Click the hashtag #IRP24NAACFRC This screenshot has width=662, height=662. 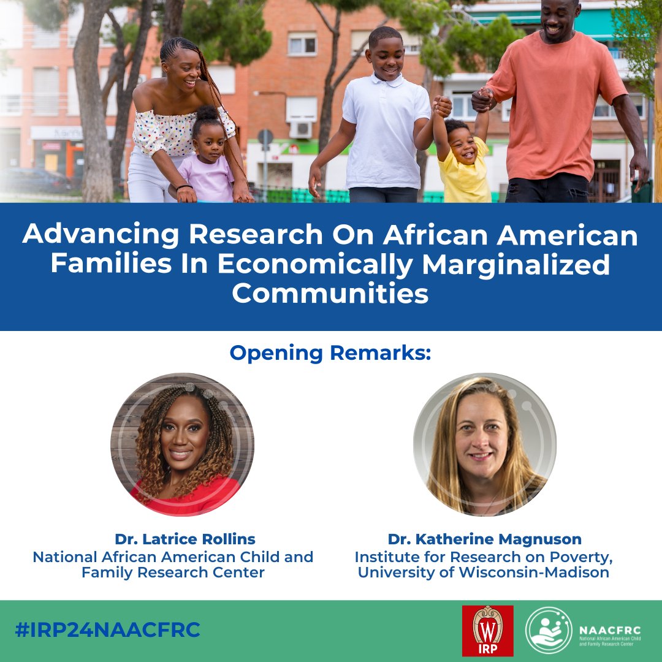108,630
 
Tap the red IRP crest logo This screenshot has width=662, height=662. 487,631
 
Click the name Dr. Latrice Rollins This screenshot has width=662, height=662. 185,539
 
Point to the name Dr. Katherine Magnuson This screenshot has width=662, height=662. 484,539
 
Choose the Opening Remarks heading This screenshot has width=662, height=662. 331,353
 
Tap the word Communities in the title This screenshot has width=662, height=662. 330,294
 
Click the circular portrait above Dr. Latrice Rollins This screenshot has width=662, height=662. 182,444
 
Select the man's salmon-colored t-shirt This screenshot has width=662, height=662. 555,104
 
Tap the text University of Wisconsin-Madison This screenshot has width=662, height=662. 484,573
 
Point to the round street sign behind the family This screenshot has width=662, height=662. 265,137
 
